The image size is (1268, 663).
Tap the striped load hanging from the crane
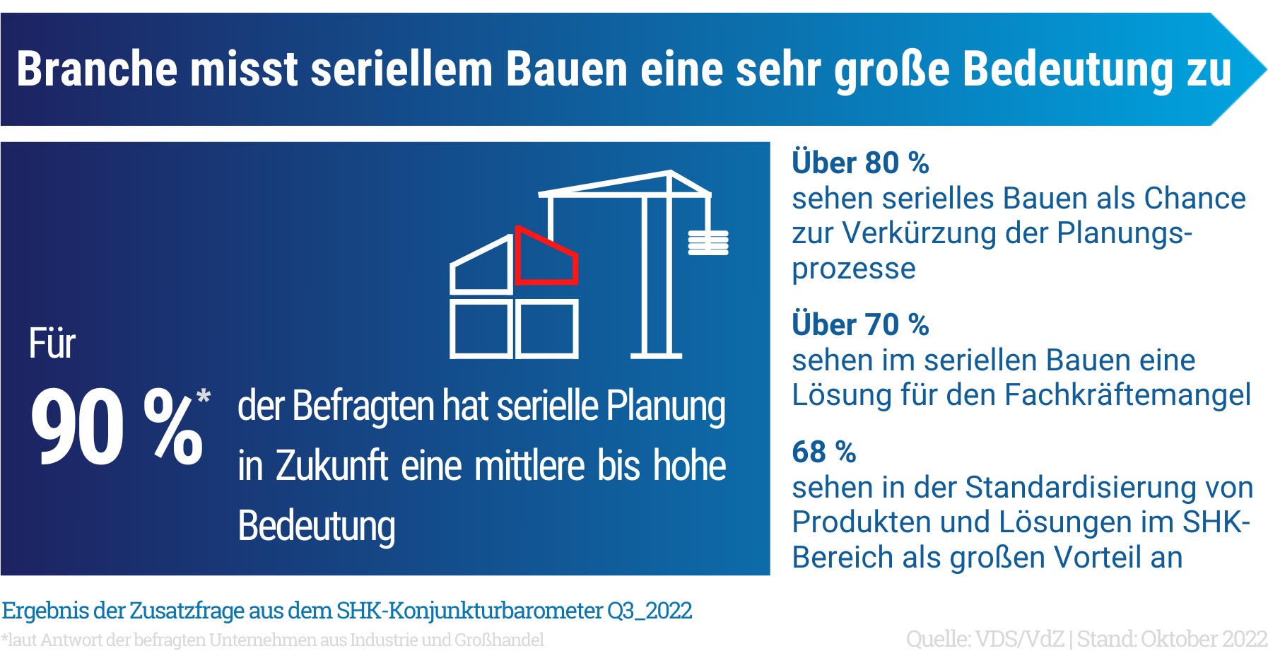click(x=708, y=242)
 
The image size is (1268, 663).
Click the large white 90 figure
click(x=77, y=427)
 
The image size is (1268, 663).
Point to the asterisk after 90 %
click(x=204, y=396)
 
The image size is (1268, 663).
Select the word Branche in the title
click(x=97, y=69)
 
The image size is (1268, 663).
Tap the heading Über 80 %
click(x=860, y=163)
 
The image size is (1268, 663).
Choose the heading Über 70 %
click(x=860, y=324)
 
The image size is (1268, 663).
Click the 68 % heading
click(x=824, y=452)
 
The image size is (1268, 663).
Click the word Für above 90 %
click(x=52, y=344)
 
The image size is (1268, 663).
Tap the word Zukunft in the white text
click(x=331, y=466)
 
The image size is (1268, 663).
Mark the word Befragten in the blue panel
click(x=363, y=407)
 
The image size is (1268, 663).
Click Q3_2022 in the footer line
click(x=650, y=611)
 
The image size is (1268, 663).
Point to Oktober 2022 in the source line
click(x=1204, y=639)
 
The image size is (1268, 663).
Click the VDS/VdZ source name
click(x=1019, y=639)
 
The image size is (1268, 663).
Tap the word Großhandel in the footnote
click(x=499, y=640)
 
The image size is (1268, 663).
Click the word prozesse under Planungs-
click(x=854, y=269)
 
